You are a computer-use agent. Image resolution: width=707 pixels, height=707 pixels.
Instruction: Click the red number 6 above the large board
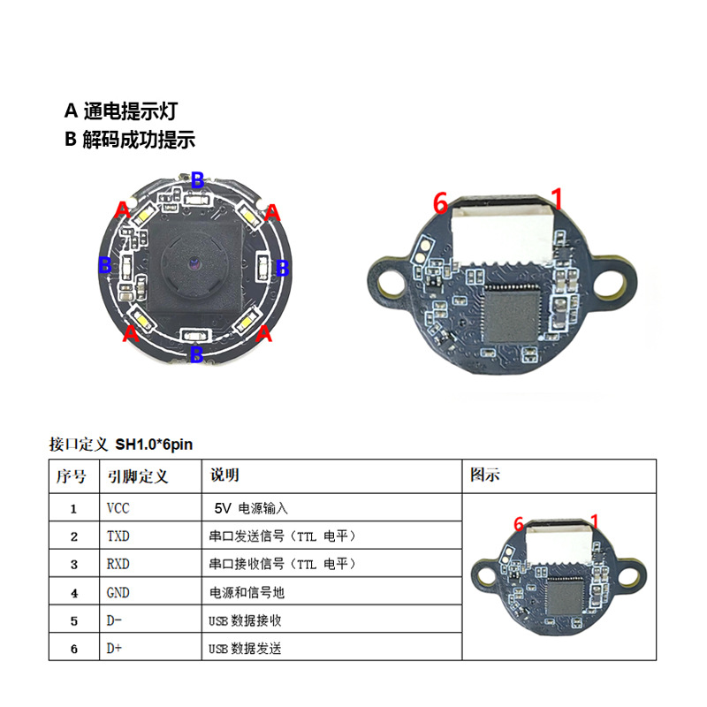point(440,203)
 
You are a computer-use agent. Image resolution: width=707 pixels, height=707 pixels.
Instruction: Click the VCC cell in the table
point(117,508)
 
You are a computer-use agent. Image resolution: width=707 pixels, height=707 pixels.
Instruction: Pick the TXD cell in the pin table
point(117,536)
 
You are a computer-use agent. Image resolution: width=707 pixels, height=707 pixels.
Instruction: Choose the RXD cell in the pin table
point(117,564)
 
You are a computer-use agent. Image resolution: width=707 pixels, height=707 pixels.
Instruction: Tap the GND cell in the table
point(117,592)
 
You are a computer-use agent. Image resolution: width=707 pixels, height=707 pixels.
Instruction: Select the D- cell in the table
point(114,620)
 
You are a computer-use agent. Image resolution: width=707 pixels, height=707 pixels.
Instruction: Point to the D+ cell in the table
point(114,649)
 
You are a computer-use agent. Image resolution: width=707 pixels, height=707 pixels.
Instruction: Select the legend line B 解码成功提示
point(129,140)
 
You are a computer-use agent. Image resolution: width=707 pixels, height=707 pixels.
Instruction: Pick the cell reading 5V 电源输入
point(252,509)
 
